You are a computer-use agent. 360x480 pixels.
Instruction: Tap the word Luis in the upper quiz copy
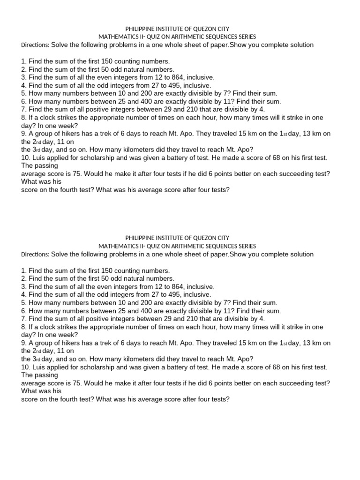point(38,157)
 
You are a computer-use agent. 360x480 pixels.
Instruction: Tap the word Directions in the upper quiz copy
point(35,45)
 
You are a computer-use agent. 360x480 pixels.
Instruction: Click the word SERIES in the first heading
point(244,37)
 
